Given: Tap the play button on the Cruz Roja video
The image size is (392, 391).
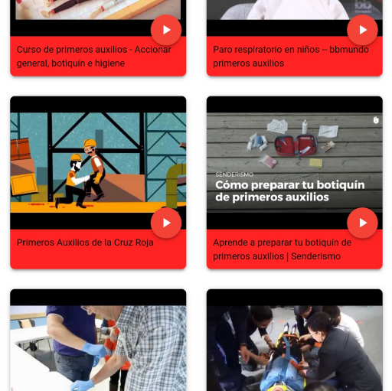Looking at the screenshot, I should tap(166, 223).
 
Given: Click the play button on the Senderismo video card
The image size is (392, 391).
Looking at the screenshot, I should tap(362, 223).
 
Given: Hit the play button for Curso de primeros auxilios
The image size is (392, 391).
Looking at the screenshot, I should tap(166, 30).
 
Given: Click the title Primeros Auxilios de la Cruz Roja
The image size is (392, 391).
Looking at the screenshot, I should tap(85, 243).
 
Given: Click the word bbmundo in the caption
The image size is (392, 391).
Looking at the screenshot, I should tap(350, 50).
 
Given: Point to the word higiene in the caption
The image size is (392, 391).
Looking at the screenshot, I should tap(109, 64).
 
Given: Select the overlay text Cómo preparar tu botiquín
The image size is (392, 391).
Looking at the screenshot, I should tap(289, 184).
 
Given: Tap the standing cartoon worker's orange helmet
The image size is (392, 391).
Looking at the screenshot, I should tap(90, 142).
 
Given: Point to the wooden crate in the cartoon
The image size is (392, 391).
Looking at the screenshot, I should tap(24, 184).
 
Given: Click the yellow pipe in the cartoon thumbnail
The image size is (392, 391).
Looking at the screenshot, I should tap(175, 180).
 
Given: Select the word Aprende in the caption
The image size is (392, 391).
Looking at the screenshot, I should tap(230, 243).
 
